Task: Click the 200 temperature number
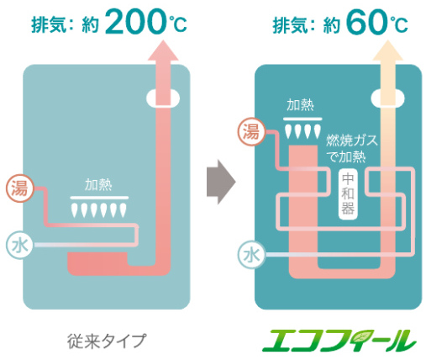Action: coord(136,22)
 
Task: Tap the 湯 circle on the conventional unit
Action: coord(20,188)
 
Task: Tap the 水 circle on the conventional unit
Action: coord(19,246)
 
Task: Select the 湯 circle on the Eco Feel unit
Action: coord(251,132)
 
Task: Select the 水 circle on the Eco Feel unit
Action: coord(251,255)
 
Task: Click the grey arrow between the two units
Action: coord(221,182)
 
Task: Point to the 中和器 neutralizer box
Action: coord(348,194)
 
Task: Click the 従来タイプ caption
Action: coord(108,341)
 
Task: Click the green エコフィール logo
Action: coord(339,341)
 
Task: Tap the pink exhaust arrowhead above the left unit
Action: coord(163,50)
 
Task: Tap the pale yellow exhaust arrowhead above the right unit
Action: coord(388,50)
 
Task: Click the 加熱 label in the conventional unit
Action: coord(98,185)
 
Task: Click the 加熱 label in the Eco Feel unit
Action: coord(300,105)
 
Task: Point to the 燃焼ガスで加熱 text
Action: coord(351,148)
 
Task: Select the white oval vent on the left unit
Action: coord(163,98)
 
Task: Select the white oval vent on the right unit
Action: coord(387,98)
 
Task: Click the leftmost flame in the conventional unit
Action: coord(75,210)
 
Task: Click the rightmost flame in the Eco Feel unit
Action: coord(318,132)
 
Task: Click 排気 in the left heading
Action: coord(49,24)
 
